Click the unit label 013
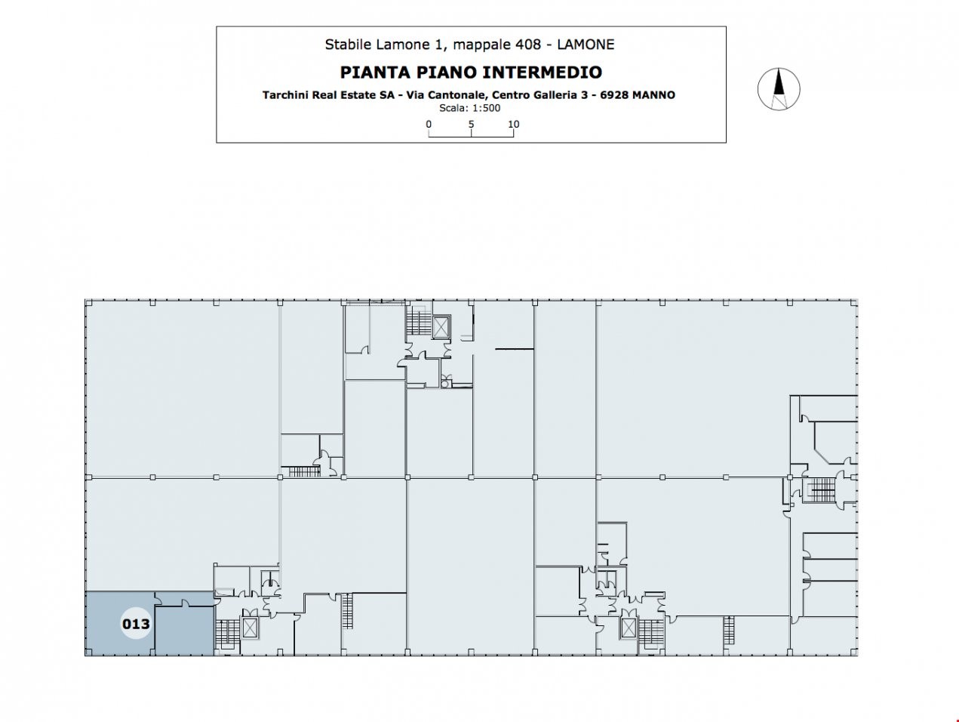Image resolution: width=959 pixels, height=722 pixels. [x=136, y=624]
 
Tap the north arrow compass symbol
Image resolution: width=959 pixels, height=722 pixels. [x=779, y=89]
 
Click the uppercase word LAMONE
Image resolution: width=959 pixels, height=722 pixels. [x=586, y=44]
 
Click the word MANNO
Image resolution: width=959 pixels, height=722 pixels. [x=653, y=95]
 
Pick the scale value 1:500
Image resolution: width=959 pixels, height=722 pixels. [x=486, y=108]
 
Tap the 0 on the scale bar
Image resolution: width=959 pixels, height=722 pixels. [x=429, y=124]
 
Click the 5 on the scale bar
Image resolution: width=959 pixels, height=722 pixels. [x=471, y=124]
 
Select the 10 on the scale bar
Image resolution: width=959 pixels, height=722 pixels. [x=513, y=124]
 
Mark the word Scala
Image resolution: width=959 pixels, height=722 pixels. [x=452, y=108]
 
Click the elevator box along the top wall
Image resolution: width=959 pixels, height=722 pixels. [x=441, y=327]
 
